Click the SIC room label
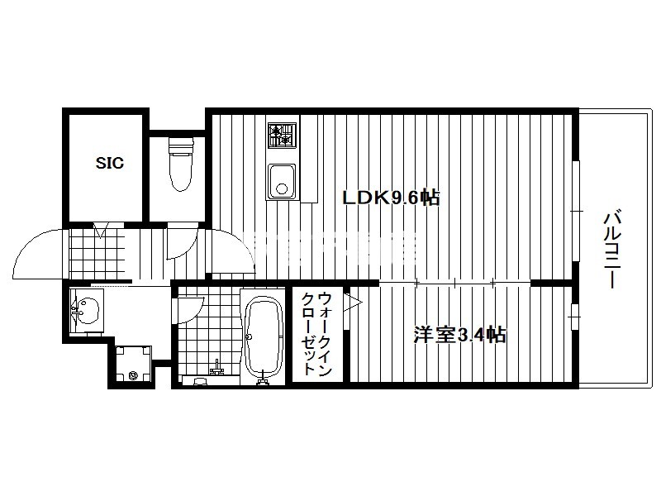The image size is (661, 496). coord(110,163)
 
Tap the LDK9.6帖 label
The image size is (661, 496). coord(391,198)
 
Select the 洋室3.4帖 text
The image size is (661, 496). coord(459,335)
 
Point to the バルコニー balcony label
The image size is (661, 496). coord(611,250)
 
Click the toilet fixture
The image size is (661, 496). coord(181,165)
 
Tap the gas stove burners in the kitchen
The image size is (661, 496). coord(282,135)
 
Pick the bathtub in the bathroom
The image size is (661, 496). coord(264,336)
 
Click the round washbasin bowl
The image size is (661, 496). coord(88,311)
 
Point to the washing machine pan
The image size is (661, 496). coord(133,363)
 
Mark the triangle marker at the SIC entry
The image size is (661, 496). coord(101,231)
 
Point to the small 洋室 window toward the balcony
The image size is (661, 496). coord(575,317)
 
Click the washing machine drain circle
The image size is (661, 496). coord(134,374)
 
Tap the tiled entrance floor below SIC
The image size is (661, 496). coord(97,254)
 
